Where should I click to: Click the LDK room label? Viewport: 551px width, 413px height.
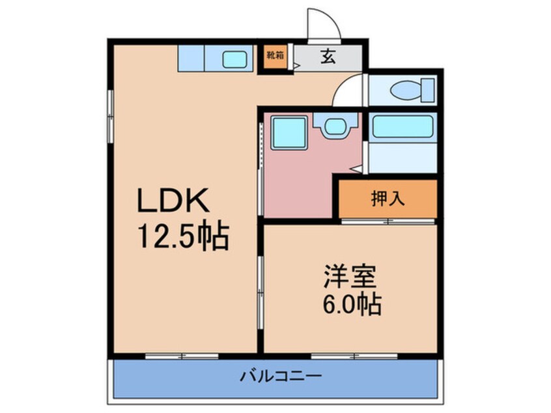tap(173, 202)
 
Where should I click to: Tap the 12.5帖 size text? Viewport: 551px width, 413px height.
tap(182, 238)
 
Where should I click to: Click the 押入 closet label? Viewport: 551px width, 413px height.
tap(388, 199)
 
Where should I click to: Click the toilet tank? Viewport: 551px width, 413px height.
tap(427, 88)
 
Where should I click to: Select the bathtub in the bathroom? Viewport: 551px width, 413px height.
tap(402, 127)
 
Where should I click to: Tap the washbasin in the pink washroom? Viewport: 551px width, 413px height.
tap(336, 125)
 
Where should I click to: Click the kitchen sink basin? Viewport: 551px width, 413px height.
tap(234, 59)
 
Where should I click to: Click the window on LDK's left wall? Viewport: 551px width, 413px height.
tap(111, 114)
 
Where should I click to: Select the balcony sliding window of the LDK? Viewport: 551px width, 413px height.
tap(182, 356)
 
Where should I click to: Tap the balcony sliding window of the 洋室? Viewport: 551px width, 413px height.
tap(345, 356)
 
